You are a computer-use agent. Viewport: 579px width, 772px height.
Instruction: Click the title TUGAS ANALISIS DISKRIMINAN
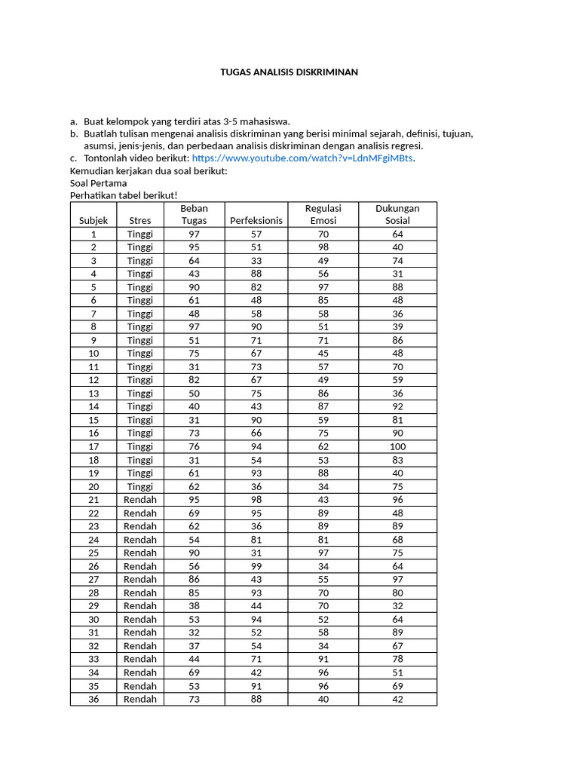coord(289,72)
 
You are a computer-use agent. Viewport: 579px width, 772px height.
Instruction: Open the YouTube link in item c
coord(303,158)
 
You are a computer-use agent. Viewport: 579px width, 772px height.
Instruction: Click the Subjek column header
coord(93,220)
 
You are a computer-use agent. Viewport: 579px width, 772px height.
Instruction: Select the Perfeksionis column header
coord(256,220)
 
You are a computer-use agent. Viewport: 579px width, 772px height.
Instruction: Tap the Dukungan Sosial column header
coord(397,214)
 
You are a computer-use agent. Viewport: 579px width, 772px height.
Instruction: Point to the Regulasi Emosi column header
coord(323,214)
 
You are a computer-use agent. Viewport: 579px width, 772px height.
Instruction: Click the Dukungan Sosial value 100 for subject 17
coord(397,446)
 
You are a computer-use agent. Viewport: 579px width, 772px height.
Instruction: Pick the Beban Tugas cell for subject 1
coord(194,234)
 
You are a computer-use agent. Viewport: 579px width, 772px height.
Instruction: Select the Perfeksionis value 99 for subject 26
coord(256,566)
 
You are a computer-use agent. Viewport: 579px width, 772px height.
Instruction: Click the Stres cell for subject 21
coord(140,500)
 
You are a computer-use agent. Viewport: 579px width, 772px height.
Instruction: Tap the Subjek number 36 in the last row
coord(93,699)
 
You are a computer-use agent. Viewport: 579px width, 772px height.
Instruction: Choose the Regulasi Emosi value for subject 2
coord(323,247)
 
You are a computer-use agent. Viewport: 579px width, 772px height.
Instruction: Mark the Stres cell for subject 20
coord(140,486)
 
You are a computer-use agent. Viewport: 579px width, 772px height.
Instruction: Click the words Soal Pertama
coord(98,183)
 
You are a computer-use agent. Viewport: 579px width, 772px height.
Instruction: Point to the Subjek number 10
coord(93,354)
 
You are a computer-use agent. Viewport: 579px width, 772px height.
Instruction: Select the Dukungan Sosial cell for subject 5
coord(397,287)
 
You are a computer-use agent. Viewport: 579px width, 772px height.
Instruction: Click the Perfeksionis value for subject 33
coord(256,659)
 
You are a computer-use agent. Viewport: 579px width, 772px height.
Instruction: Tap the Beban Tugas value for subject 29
coord(194,605)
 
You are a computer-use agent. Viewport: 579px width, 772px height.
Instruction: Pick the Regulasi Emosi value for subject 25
coord(323,553)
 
